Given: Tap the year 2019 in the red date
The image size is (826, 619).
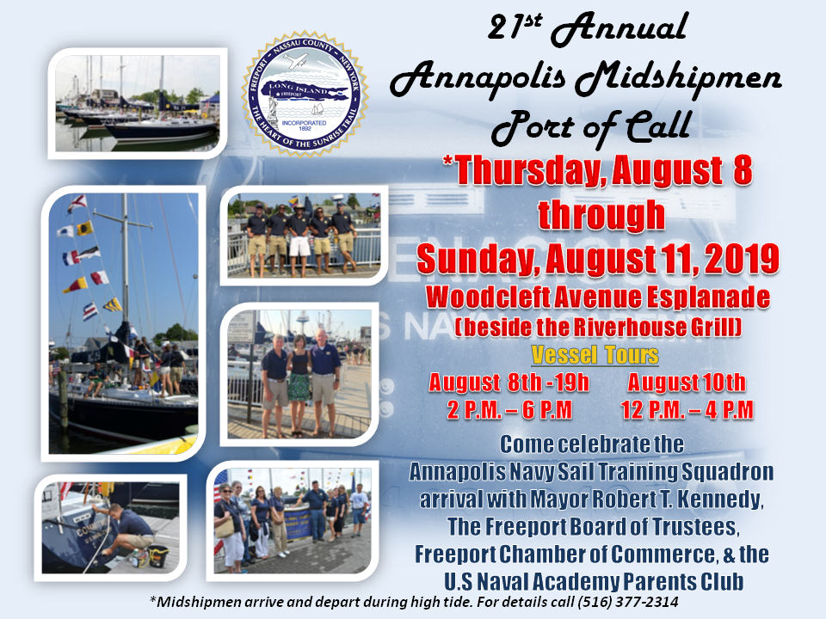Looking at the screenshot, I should pyautogui.click(x=742, y=258).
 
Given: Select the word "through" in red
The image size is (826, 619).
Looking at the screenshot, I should pyautogui.click(x=601, y=215).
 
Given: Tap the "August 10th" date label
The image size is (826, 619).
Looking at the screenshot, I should pyautogui.click(x=687, y=383).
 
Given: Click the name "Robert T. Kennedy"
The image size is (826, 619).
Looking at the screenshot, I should pyautogui.click(x=688, y=499).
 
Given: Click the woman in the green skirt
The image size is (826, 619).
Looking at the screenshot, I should pyautogui.click(x=299, y=383).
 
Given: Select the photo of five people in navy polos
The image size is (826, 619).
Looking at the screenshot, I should pyautogui.click(x=301, y=234).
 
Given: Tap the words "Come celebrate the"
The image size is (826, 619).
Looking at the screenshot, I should pyautogui.click(x=592, y=445).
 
